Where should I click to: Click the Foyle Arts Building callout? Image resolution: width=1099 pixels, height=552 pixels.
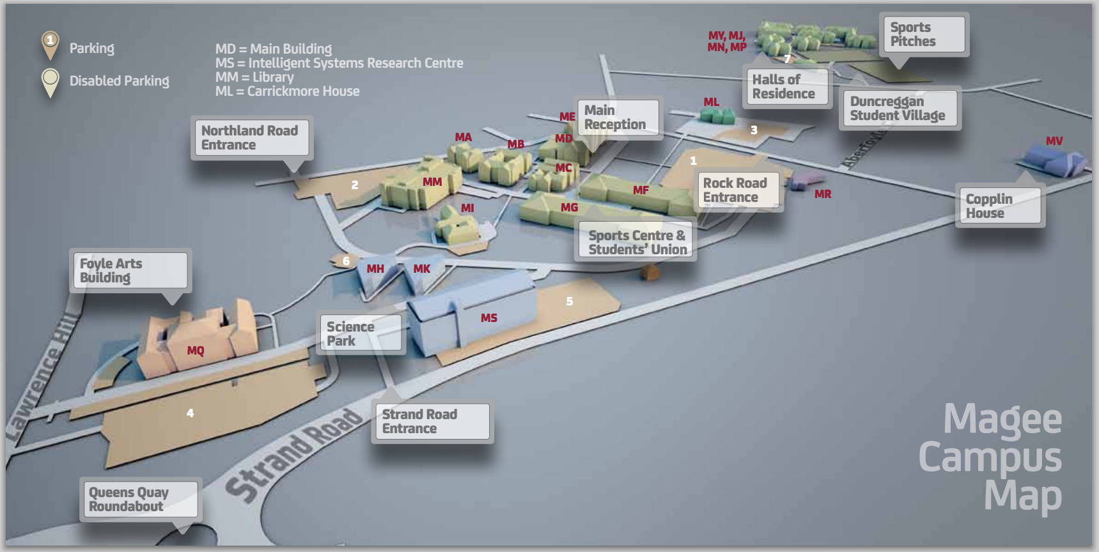point(130,270)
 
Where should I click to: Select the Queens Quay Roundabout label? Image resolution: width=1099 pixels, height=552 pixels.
point(141,499)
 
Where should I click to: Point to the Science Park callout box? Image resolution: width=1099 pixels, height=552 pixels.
point(361,333)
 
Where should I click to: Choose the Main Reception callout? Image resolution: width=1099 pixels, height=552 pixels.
point(618,118)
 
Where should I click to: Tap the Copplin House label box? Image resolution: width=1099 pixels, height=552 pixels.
point(1000,206)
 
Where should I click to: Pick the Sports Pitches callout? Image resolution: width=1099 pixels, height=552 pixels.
point(923,34)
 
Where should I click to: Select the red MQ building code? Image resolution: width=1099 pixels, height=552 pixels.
point(196,351)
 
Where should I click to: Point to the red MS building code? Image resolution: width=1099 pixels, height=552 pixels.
point(489,318)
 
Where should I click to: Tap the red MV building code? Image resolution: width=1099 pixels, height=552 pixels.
point(1054,141)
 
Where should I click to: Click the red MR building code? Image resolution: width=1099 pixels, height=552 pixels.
point(823,194)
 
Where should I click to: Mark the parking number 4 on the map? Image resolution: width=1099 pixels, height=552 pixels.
point(190,413)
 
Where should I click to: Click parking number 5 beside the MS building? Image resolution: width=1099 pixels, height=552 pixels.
point(570,302)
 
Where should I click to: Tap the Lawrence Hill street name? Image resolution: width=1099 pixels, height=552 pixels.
point(45,377)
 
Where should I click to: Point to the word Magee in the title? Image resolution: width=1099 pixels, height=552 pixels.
point(1002,419)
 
